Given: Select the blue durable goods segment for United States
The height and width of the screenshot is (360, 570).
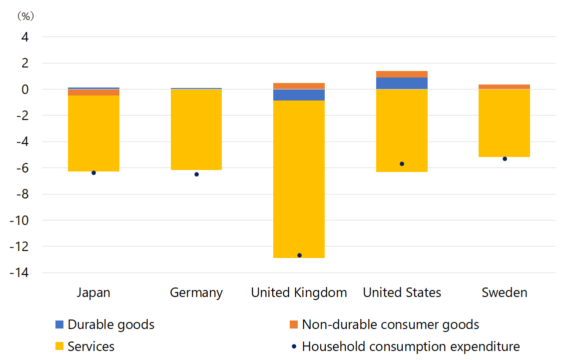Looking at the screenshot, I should tap(402, 83).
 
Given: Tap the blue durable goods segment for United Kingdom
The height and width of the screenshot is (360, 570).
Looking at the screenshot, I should tap(299, 95).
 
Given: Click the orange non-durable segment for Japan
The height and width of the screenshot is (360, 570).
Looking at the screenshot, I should tap(93, 92).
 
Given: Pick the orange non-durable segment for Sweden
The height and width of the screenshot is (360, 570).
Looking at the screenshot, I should tap(504, 87).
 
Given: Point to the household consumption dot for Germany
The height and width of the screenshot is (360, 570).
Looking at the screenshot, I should tap(196, 174).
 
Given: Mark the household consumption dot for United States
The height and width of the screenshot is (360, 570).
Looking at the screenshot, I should tap(402, 163).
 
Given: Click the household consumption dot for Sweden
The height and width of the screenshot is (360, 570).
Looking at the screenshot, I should tap(505, 158).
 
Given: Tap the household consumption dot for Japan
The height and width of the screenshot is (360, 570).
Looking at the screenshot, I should tap(93, 172).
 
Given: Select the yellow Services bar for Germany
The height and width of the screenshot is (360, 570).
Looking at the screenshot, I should tap(196, 129).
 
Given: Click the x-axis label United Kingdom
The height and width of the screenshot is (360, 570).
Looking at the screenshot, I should tap(299, 292).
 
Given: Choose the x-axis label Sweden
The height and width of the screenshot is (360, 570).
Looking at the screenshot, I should tap(504, 292).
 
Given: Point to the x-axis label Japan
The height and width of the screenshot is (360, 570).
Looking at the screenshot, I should tap(93, 292).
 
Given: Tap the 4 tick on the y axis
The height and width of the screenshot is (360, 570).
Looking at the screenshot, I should tap(25, 37).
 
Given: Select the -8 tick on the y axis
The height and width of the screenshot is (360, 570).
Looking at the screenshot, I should tap(22, 194).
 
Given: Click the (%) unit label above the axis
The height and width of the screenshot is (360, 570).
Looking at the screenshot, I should tap(25, 16).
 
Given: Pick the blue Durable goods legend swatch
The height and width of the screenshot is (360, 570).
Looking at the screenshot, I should tap(59, 324).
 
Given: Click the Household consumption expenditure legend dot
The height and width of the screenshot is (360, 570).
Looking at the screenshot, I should tap(294, 346).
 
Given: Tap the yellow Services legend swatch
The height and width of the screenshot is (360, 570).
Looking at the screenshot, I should tap(59, 346).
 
